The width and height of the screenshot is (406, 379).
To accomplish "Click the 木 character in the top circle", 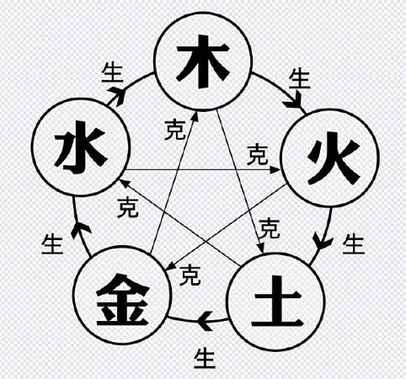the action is point(203,61).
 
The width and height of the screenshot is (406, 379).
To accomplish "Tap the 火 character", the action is point(334,157).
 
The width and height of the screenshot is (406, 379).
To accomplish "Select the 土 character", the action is point(277,301).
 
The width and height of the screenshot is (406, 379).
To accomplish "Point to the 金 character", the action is point(122,299).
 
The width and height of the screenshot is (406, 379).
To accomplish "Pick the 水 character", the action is point(81,147).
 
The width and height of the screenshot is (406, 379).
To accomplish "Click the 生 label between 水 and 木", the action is point(112,73).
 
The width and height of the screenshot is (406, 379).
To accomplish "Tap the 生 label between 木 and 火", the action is point(299,79).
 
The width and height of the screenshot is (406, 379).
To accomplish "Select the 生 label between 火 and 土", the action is point(354,244).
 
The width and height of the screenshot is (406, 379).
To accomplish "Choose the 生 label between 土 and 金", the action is point(205,358).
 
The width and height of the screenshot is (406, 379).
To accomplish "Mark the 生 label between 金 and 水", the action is point(52,244).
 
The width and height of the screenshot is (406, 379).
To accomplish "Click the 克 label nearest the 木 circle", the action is point(175,130).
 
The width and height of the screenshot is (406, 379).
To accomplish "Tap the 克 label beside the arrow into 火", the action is point(258,154).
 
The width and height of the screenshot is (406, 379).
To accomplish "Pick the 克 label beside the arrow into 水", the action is point(128,207).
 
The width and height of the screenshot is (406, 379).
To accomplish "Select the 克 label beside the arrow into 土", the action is point(270,229).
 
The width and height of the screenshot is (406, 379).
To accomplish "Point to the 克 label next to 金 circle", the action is point(190,275).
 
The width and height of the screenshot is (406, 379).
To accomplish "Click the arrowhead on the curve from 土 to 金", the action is point(205,321).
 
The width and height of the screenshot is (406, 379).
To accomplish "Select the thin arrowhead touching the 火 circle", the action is point(275,170).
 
